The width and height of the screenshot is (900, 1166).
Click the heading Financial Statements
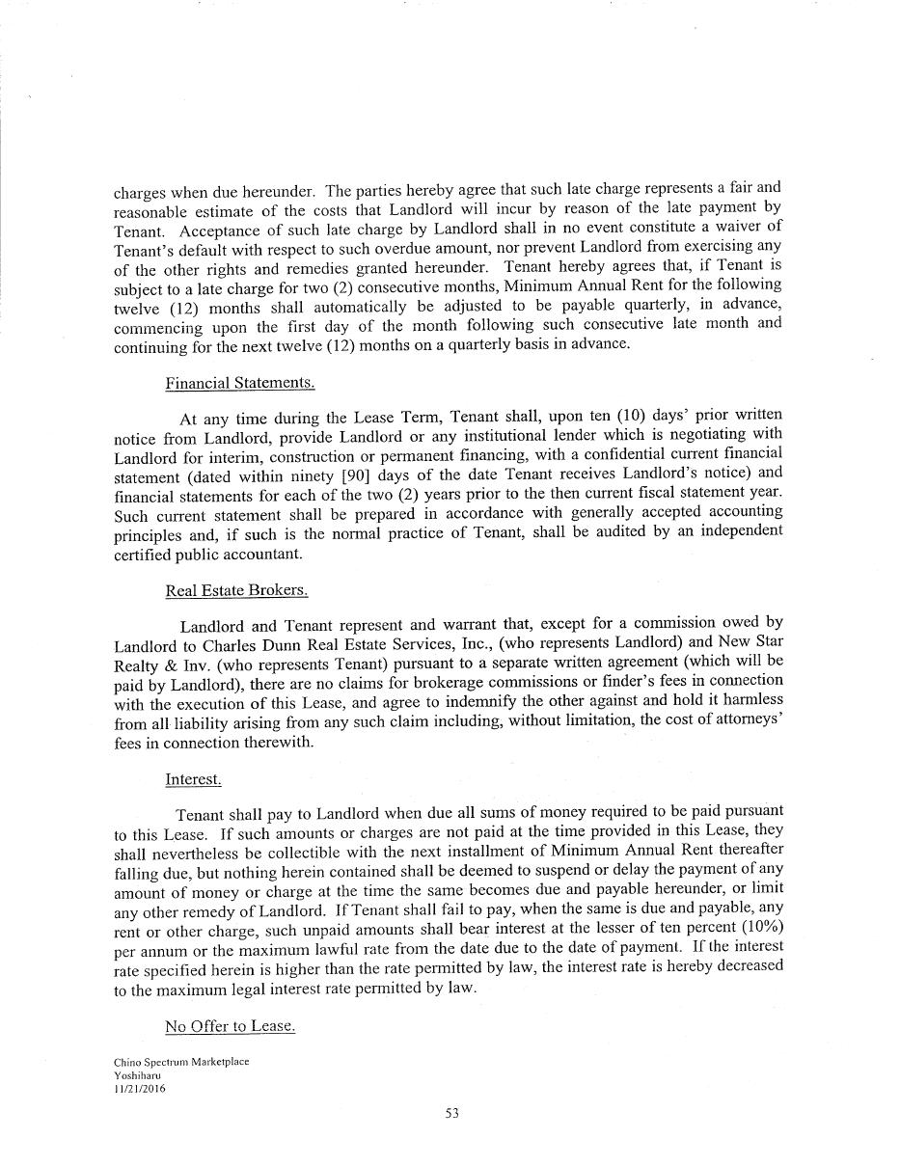pyautogui.click(x=240, y=383)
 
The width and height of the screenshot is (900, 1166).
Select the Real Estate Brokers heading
pyautogui.click(x=236, y=590)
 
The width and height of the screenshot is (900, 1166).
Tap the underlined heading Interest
pyautogui.click(x=193, y=779)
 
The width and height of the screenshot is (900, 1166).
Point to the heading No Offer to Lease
pyautogui.click(x=230, y=1026)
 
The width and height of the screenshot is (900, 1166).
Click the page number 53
pyautogui.click(x=451, y=1113)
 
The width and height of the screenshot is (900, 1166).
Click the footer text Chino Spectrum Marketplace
pyautogui.click(x=181, y=1062)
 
